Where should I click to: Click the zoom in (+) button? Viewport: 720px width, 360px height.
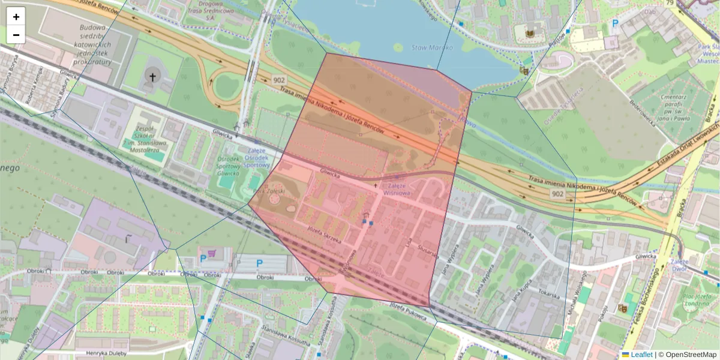16,17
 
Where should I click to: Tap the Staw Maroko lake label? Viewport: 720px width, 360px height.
428,47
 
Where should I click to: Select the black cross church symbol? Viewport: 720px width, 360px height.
152,77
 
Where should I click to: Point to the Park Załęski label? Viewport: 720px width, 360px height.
268,191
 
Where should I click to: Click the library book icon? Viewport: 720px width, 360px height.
530,34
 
